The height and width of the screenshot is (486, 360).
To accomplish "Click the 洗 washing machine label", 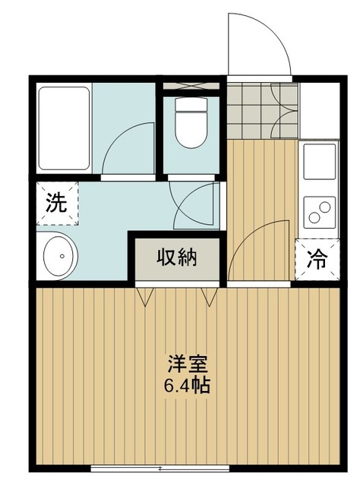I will point(55,203).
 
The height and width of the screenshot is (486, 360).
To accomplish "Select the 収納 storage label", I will point(177,258).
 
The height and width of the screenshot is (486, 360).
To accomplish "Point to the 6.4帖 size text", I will point(187,385).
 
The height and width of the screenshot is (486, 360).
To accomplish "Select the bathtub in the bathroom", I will point(65,128).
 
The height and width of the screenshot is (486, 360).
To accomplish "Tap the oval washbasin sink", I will point(58,257).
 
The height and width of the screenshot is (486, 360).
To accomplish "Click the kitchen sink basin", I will point(319,161).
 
